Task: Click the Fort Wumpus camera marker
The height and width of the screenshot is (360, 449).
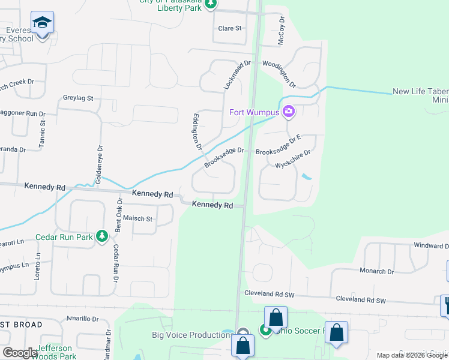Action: [x=289, y=112]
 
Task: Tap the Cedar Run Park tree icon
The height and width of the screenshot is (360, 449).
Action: [x=102, y=237]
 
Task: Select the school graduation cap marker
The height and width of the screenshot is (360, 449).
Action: [x=42, y=23]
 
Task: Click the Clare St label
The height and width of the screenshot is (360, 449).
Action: [x=229, y=28]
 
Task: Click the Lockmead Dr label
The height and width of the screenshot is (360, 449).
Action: [x=236, y=76]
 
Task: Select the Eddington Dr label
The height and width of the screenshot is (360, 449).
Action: [x=196, y=131]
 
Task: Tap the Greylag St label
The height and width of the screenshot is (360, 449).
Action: [x=78, y=98]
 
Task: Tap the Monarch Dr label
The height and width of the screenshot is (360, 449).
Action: [x=376, y=271]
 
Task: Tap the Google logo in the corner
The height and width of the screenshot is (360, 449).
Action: [x=20, y=352]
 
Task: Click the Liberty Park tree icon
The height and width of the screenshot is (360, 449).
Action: [x=210, y=4]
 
